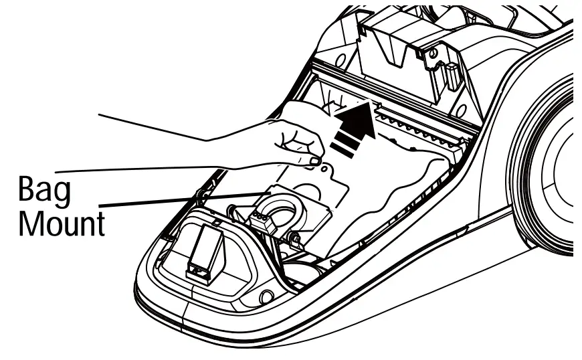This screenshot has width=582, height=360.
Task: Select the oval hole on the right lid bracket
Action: [431, 53]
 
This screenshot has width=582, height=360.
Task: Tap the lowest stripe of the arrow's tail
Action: [338, 153]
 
